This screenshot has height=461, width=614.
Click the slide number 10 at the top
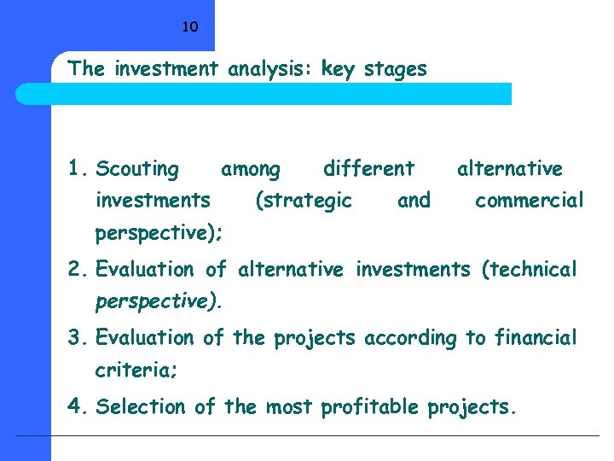[190, 26]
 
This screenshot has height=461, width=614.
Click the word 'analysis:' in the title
[272, 70]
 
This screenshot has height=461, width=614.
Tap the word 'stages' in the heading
[395, 70]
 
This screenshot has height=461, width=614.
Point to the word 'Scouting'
[137, 170]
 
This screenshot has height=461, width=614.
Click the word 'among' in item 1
[250, 170]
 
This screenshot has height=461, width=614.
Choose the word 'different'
[368, 169]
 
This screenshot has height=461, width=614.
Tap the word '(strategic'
[304, 201]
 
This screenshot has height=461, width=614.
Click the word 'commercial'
[529, 201]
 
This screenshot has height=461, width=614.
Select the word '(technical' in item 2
[529, 270]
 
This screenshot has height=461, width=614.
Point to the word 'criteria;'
[133, 371]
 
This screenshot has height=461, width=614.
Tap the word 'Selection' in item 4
[143, 407]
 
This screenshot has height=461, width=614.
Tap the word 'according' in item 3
[410, 338]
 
